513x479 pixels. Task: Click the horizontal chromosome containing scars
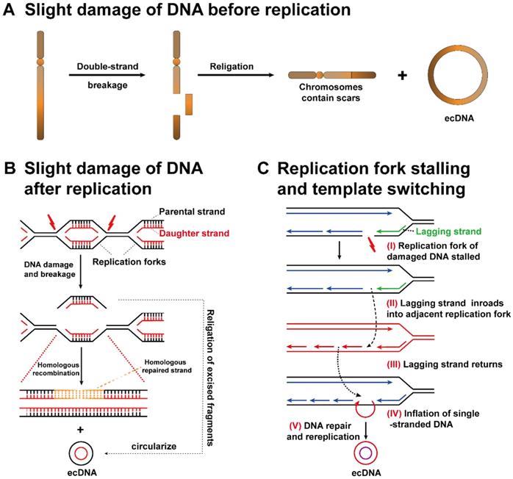[x=332, y=76]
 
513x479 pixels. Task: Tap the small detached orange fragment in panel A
[x=189, y=104]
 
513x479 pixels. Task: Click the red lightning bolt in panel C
[x=370, y=242]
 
